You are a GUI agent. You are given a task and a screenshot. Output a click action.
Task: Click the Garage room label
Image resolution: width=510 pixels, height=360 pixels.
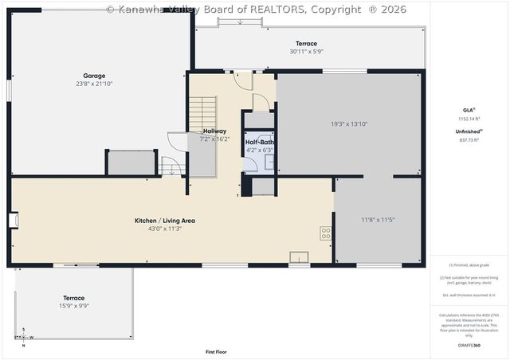[x=95, y=76]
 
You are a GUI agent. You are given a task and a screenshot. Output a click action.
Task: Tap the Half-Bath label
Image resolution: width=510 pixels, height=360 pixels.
[x=259, y=142]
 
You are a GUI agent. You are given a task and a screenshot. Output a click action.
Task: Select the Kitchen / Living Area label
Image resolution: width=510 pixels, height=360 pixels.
[x=165, y=221]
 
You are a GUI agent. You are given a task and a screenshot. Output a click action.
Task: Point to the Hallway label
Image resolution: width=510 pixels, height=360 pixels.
[x=214, y=131]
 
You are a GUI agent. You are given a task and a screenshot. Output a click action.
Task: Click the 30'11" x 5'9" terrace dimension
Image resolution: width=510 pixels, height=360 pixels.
[x=306, y=52]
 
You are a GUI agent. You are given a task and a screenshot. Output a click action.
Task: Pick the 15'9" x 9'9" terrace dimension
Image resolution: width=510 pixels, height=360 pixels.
[x=73, y=307]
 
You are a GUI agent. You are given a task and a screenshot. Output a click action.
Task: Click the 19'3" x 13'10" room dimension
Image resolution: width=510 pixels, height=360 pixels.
[x=349, y=123]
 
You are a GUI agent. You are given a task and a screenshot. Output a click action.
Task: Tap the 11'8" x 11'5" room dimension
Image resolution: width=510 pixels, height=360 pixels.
[x=378, y=219]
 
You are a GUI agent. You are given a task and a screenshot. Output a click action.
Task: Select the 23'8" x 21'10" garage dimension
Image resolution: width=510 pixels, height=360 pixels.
[x=95, y=84]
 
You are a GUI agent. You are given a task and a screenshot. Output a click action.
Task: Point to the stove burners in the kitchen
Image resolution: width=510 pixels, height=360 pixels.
[x=326, y=233]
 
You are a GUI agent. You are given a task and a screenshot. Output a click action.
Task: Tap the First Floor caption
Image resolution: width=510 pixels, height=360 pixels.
[x=216, y=351]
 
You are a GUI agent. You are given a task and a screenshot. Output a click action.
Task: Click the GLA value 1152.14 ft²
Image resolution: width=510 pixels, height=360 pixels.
[x=469, y=118]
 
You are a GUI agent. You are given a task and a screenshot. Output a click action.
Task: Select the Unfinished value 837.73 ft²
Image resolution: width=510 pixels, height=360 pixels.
[x=469, y=139]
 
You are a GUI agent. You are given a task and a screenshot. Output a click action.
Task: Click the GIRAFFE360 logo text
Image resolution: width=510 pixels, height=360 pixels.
[x=469, y=346]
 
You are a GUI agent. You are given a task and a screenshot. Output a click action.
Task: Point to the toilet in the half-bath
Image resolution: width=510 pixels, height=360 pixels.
[x=250, y=162]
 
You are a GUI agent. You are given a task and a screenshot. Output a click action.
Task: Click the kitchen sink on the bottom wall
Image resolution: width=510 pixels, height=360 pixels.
[x=300, y=256]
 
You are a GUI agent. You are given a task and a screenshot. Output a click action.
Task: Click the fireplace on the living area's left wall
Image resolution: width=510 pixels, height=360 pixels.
[x=14, y=220]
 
